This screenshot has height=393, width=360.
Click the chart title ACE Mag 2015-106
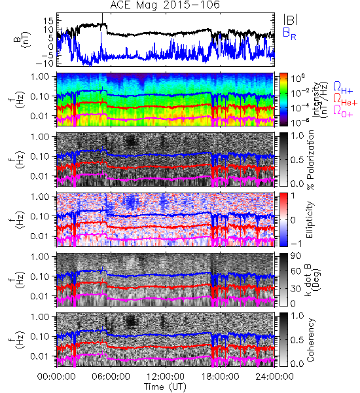[165, 5]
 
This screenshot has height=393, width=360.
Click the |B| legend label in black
[291, 20]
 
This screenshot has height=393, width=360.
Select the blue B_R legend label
[289, 33]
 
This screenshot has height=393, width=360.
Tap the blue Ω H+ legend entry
[343, 88]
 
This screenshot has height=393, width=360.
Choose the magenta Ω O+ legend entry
[343, 111]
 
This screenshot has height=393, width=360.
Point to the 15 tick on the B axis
[48, 21]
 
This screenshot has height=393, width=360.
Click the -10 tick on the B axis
[45, 63]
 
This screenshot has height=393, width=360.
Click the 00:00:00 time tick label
[56, 377]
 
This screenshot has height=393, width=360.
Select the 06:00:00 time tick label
[111, 377]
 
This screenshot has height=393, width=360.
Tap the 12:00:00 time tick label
[166, 377]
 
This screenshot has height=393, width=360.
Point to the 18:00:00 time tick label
[220, 377]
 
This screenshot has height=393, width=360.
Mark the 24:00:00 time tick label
[274, 377]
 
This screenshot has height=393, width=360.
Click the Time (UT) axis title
[166, 386]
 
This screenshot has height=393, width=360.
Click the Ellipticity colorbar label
[310, 219]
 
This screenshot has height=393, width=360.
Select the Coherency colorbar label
[310, 340]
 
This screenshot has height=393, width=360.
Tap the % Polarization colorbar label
[310, 160]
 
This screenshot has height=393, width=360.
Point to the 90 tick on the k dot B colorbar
[296, 256]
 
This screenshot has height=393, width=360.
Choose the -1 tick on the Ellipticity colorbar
[296, 244]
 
